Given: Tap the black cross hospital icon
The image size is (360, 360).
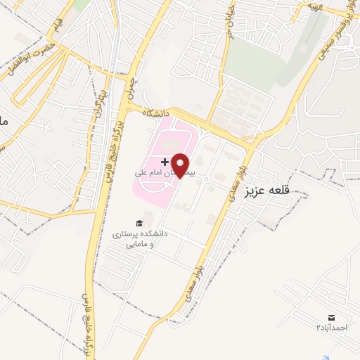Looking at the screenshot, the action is click(x=165, y=162).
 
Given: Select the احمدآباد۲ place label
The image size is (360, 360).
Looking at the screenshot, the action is click(x=332, y=328).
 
